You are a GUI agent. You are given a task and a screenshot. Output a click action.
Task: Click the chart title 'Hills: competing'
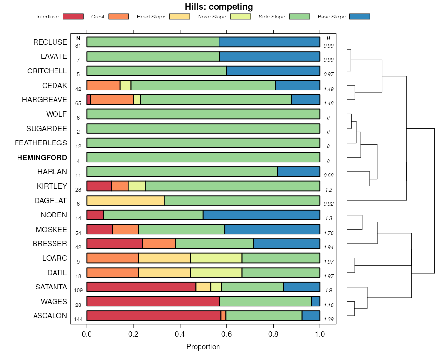pos(219,7)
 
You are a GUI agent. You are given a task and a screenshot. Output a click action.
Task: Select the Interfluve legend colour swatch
pos(73,17)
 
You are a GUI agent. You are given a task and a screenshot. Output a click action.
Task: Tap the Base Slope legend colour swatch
pos(360,17)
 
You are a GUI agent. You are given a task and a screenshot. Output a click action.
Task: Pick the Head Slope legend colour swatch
pos(180,17)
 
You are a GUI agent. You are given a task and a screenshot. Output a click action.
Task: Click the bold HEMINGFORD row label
pos(42,157)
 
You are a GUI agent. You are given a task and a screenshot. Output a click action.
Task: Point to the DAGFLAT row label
pos(51,200)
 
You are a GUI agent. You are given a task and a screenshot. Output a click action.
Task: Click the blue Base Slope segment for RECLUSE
pos(269,42)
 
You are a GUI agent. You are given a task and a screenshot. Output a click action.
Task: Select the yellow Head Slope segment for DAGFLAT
pos(126,200)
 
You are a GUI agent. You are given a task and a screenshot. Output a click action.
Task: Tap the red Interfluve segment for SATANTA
pos(141,287)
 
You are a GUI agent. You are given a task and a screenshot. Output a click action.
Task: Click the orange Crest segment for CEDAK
pos(103,85)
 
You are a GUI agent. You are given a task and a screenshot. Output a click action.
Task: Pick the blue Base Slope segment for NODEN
pos(261,215)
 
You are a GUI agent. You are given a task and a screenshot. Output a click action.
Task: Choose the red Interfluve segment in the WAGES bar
pos(153,302)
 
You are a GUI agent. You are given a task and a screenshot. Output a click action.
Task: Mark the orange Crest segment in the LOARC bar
pos(112,258)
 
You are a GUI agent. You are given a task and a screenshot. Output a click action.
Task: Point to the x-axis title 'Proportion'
pos(203,347)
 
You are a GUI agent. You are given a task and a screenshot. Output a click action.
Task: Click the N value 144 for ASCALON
pos(78,319)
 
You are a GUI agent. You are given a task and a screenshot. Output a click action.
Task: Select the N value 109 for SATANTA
pos(78,290)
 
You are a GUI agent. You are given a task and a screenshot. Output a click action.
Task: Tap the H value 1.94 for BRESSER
pos(328,247)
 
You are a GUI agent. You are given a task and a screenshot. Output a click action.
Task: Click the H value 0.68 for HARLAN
pos(328,175)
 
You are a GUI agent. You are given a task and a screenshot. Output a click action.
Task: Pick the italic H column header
pos(328,38)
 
